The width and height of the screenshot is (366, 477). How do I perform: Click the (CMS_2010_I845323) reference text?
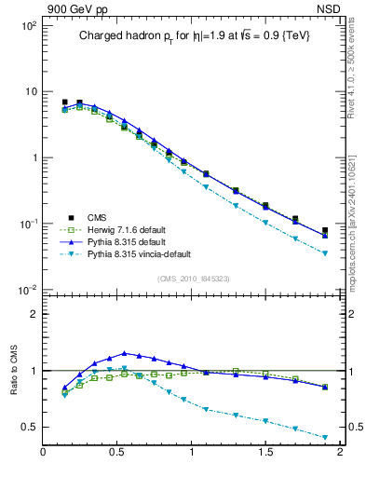tap(193, 279)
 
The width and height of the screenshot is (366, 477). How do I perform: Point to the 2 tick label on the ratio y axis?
tap(32, 314)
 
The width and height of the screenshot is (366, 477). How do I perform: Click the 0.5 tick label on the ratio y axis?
tap(27, 427)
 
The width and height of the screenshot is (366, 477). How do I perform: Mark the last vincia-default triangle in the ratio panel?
tap(325, 438)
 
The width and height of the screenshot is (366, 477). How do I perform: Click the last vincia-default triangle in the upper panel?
tap(325, 253)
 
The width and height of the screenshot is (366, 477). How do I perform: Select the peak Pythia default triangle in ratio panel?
tap(124, 353)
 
